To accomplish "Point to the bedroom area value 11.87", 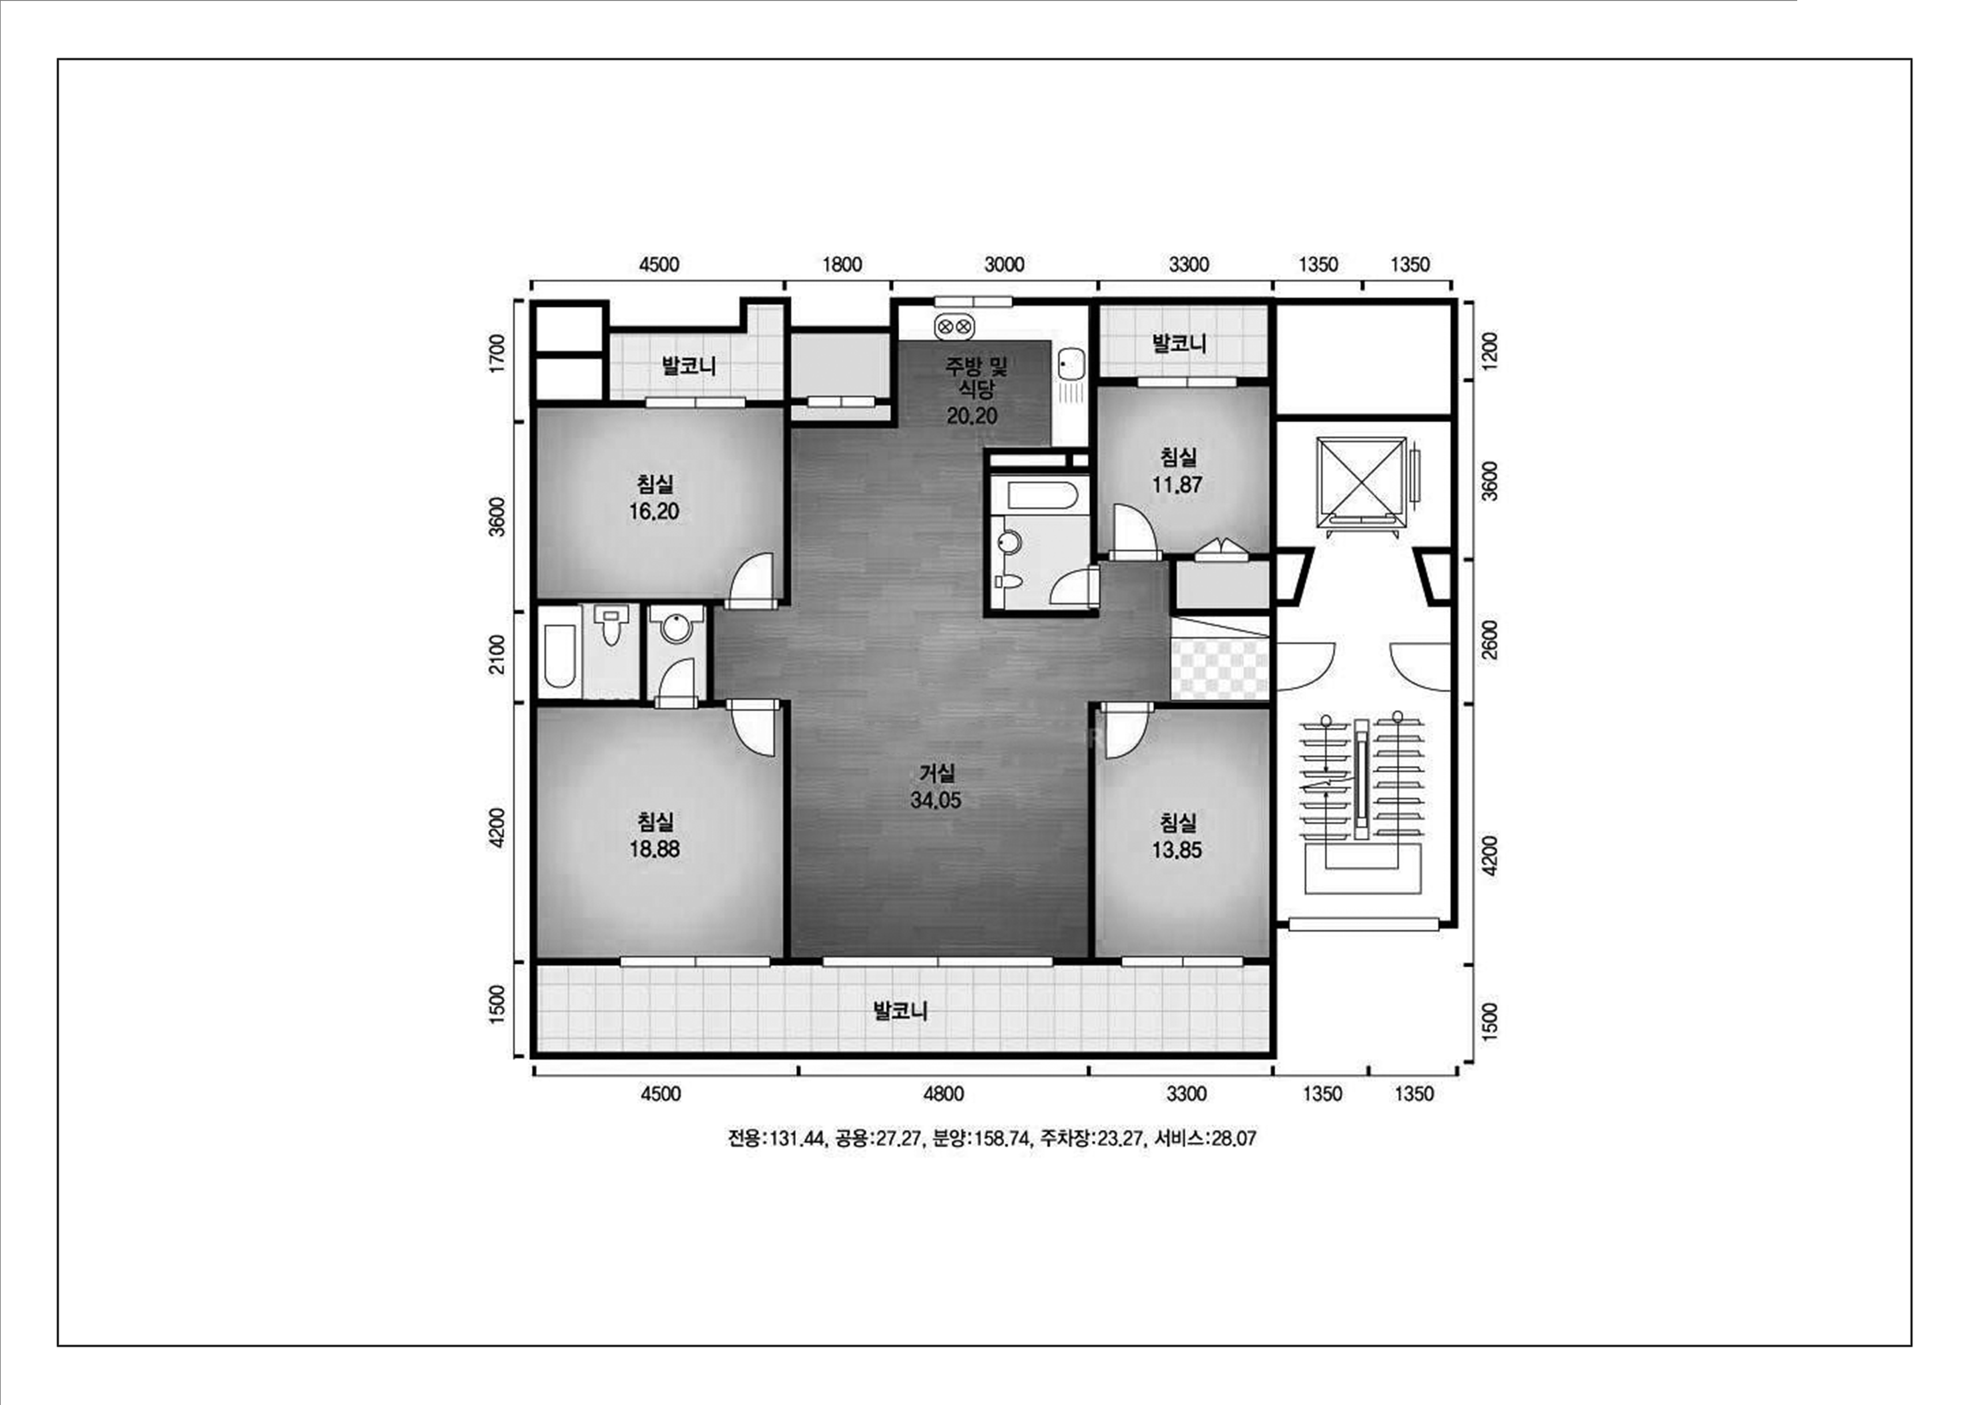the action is (x=1177, y=485).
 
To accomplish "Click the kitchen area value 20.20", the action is (x=972, y=415).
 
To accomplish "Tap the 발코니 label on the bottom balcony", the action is (x=901, y=1010).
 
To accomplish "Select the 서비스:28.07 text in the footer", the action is (x=1205, y=1138).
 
